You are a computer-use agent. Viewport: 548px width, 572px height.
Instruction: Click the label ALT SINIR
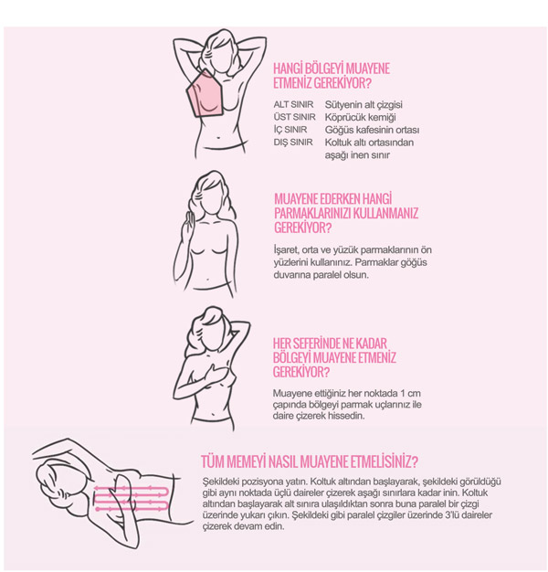pos(293,105)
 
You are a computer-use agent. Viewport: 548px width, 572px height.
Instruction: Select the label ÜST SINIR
pos(295,117)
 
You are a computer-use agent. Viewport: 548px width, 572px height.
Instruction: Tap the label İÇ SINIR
pos(290,130)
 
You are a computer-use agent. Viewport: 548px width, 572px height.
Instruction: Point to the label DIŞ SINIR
pos(293,143)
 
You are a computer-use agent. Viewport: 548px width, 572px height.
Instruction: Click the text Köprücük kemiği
pos(360,118)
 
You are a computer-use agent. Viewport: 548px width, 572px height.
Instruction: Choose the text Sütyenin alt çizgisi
pos(364,105)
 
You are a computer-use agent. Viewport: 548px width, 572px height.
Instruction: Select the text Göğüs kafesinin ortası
pos(372,130)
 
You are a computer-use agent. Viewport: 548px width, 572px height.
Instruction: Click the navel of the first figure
pos(218,138)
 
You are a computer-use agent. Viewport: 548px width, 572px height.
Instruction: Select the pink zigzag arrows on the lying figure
pos(132,498)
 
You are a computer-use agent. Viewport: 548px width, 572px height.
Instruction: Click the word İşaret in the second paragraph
pos(286,250)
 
